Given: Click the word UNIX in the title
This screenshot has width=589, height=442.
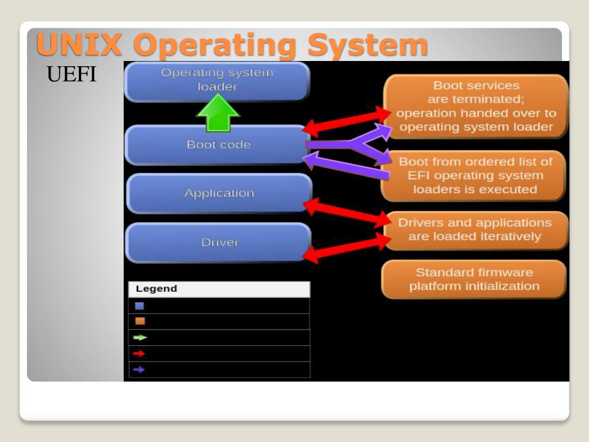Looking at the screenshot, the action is (x=79, y=45).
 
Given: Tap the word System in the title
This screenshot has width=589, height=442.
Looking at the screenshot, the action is (x=368, y=45).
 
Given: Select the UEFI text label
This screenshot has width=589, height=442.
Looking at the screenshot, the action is (x=71, y=75).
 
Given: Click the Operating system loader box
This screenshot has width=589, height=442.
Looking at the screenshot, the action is (x=217, y=81).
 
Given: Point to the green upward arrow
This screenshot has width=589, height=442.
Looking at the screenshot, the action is (x=217, y=113).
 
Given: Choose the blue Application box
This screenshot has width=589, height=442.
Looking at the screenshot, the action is (x=219, y=193).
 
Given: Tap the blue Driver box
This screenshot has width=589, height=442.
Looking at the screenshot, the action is (x=219, y=242).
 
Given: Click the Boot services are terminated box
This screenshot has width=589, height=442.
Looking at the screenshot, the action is (x=476, y=106).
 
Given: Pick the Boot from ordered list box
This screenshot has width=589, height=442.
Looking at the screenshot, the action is (x=475, y=176).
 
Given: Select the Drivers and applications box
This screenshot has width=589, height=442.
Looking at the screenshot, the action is (x=475, y=230).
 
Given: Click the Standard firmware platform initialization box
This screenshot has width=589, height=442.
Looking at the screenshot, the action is (x=474, y=279).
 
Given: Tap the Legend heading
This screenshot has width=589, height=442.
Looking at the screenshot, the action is (x=156, y=289).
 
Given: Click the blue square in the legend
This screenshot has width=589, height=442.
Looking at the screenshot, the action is (x=140, y=306).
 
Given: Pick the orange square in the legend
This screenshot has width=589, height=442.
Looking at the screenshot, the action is (x=140, y=321).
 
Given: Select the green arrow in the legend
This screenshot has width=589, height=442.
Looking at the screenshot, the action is (x=140, y=338).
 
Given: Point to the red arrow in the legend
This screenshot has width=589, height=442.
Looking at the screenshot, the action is (x=139, y=353).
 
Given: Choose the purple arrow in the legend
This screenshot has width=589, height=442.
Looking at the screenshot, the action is (x=139, y=369).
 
